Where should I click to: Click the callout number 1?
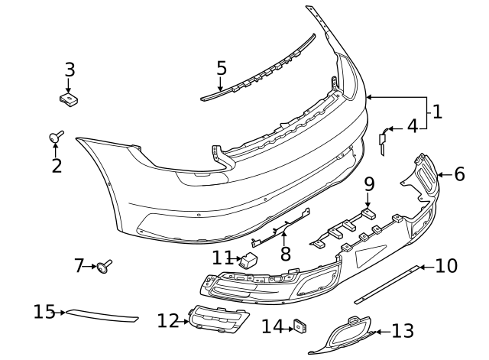437,112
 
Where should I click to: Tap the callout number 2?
57,165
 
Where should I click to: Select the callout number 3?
70,70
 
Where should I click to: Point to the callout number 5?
222,68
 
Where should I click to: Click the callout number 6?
459,174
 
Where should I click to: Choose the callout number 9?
369,184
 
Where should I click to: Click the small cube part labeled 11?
250,260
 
